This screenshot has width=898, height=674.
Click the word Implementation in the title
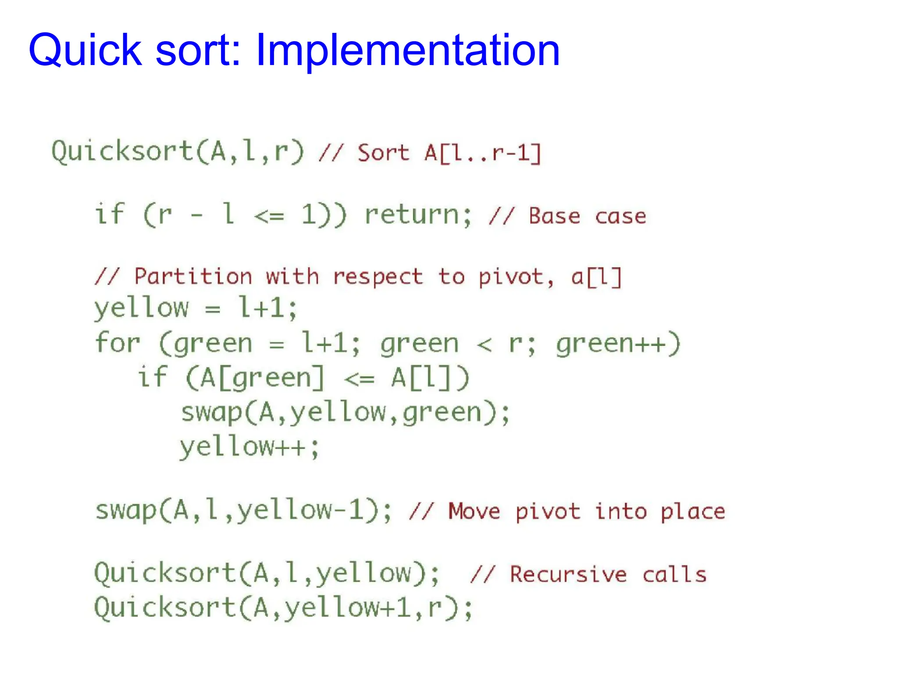tap(407, 50)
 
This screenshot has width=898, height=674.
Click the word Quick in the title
tap(86, 50)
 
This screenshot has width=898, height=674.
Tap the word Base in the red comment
tap(554, 216)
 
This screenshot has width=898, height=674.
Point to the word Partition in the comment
tap(193, 276)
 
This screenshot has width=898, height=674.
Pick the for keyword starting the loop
tap(118, 343)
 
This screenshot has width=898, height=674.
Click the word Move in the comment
tap(474, 511)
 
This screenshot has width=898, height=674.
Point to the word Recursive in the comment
tap(568, 574)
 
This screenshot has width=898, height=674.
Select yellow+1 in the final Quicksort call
tap(348, 608)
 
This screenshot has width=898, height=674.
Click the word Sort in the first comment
tap(383, 153)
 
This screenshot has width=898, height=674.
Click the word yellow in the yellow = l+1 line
tap(141, 308)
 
